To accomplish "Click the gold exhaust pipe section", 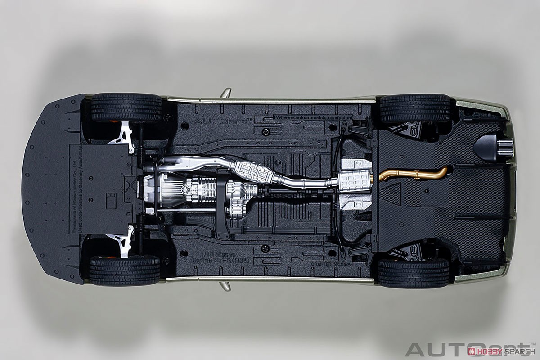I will [405, 175].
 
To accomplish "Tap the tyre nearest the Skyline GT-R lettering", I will [125, 270].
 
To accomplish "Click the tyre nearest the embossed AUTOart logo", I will [126, 108].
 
